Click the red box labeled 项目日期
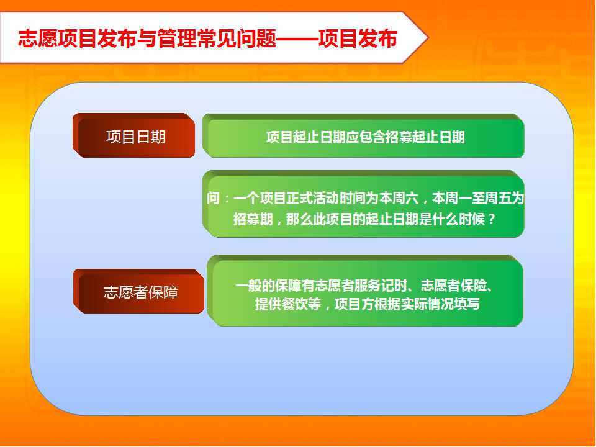coord(134,135)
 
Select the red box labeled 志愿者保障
coord(138,292)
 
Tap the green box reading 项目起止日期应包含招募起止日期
coord(363,136)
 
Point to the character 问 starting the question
coord(214,199)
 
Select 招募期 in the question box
coord(253,219)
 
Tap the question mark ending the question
coord(492,219)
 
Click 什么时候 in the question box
coord(459,219)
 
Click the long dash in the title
coord(297,38)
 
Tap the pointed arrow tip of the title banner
coord(428,38)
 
